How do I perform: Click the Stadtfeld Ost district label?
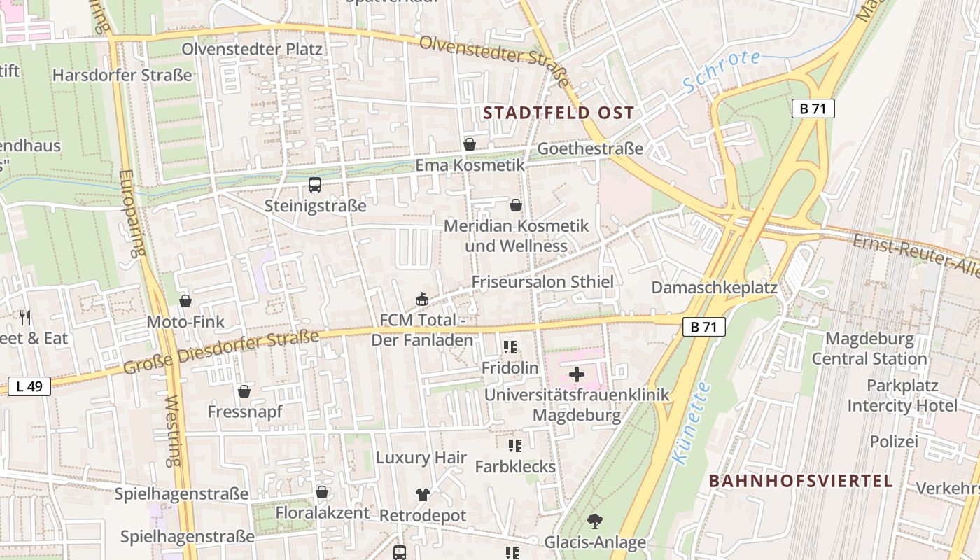coord(559,113)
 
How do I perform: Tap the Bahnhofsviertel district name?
coord(801,481)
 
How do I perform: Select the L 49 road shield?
coord(29,386)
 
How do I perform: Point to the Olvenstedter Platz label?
coord(252,49)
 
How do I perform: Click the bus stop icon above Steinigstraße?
coord(315,185)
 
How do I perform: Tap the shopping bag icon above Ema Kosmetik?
coord(470,144)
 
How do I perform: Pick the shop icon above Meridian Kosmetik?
coord(516,205)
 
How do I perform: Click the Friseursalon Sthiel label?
coord(542,281)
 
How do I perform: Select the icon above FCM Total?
coord(422,299)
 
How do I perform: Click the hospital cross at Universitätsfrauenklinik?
coord(577,374)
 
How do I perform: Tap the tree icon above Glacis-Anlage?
coord(595,521)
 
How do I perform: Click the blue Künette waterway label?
coord(692,423)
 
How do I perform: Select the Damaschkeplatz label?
coord(715,287)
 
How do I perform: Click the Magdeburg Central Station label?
coord(869,349)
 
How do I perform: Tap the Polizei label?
coord(893,442)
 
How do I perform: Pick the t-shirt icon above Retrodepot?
coord(422,494)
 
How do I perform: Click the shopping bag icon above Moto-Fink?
coord(185,301)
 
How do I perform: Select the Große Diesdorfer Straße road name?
coord(221,351)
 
